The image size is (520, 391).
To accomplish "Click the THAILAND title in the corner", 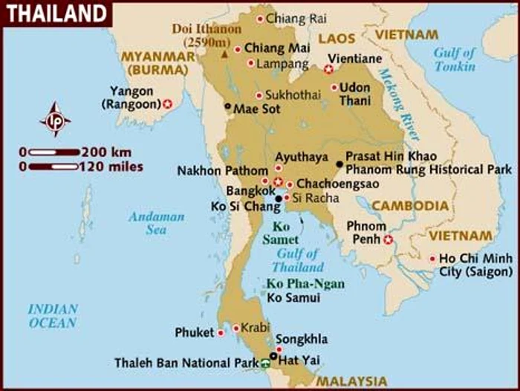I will [x=56, y=13].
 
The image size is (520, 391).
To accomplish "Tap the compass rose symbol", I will [x=55, y=120].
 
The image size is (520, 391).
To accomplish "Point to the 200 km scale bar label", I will [x=111, y=152].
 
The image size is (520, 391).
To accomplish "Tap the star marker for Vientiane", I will [x=328, y=69].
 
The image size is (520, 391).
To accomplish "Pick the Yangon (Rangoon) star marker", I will [x=168, y=104].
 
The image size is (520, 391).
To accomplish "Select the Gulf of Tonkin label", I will [x=455, y=59].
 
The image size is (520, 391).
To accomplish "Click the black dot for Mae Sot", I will [x=228, y=106].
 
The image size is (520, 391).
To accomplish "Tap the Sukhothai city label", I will [x=293, y=95].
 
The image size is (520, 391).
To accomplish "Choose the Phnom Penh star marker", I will [x=387, y=239].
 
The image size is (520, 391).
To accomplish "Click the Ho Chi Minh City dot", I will [x=432, y=259].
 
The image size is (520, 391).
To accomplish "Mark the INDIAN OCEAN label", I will [x=53, y=316].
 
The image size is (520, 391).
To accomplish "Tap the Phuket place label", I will [x=194, y=332].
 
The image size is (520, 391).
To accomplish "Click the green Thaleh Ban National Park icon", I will [x=266, y=363].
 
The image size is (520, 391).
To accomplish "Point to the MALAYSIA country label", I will [x=351, y=381].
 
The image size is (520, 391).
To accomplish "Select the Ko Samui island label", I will [x=293, y=298].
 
